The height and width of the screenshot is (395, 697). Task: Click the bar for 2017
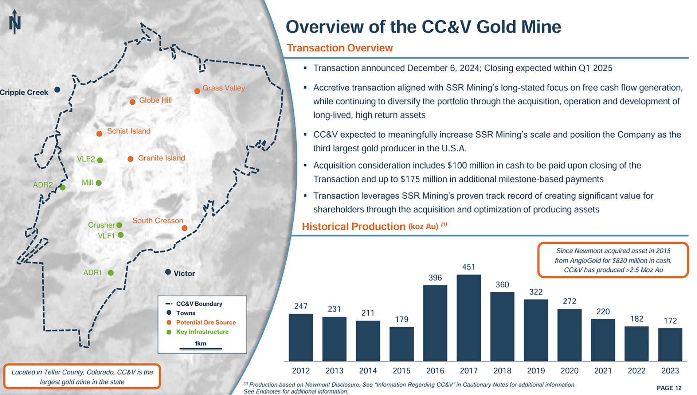tap(468, 318)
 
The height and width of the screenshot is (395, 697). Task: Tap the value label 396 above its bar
tap(435, 278)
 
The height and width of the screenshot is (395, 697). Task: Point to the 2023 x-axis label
tap(670, 371)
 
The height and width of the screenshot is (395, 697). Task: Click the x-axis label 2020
tap(569, 371)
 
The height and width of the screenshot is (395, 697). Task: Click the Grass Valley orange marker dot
tap(197, 91)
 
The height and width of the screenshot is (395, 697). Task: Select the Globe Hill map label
tap(155, 100)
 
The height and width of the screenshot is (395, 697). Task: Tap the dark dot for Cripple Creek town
tap(57, 90)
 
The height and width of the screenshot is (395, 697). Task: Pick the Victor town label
tap(184, 274)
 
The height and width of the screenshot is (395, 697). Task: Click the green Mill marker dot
tap(99, 183)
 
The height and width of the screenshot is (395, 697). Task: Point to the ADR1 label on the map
tap(93, 272)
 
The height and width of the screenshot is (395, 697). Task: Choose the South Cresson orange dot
tap(185, 228)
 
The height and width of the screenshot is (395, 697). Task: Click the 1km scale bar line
tap(200, 349)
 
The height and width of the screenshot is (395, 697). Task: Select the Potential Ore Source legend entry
tap(205, 322)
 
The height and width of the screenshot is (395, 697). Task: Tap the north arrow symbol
tap(15, 22)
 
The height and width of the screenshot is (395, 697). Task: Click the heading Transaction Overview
tap(340, 48)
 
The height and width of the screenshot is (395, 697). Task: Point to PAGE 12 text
tap(669, 388)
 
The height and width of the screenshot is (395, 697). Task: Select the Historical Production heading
tap(353, 226)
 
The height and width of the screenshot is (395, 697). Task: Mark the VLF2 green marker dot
tap(100, 160)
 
